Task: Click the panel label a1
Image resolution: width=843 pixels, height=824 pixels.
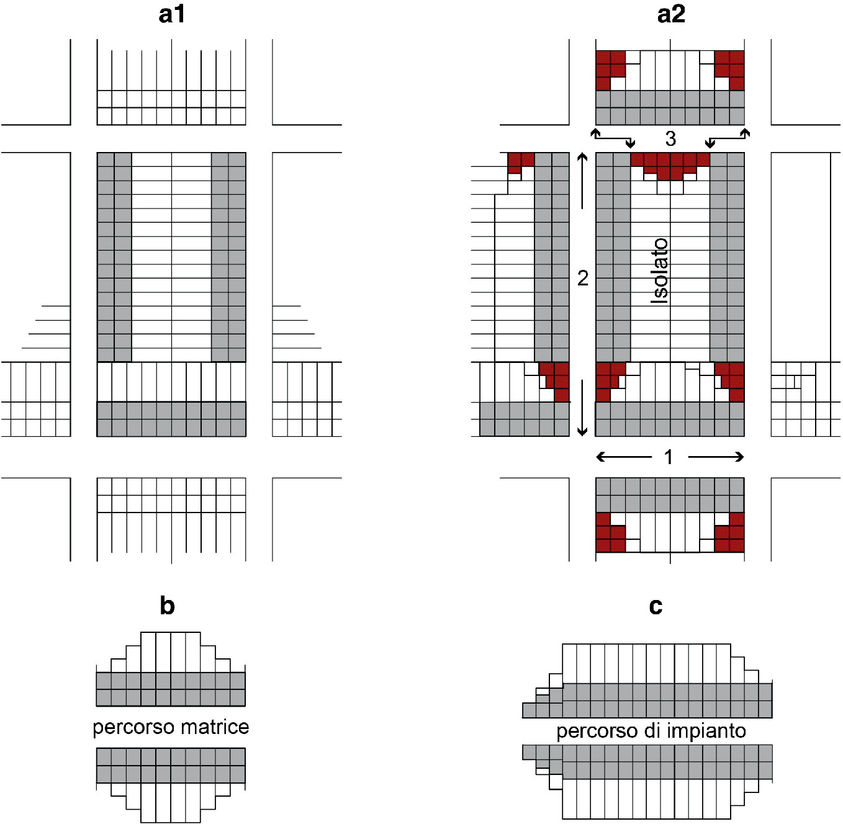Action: pyautogui.click(x=171, y=14)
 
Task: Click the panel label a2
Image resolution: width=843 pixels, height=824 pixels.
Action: pyautogui.click(x=670, y=14)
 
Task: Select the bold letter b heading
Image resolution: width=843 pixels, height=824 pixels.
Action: pyautogui.click(x=167, y=606)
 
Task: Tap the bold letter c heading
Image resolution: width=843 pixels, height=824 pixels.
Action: pyautogui.click(x=656, y=606)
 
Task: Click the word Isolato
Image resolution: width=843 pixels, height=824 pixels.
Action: pyautogui.click(x=659, y=271)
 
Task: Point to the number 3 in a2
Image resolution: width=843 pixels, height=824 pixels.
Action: pyautogui.click(x=670, y=138)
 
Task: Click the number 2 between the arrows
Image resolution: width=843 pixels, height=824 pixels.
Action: pyautogui.click(x=582, y=278)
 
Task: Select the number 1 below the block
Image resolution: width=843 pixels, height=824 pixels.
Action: pyautogui.click(x=669, y=457)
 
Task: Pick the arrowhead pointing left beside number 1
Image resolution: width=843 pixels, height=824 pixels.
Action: pyautogui.click(x=600, y=457)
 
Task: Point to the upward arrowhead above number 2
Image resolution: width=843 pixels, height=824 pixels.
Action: pyautogui.click(x=582, y=157)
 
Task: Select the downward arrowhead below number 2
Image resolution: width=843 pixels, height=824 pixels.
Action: pyautogui.click(x=582, y=431)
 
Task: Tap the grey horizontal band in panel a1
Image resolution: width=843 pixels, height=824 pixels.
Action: pyautogui.click(x=171, y=419)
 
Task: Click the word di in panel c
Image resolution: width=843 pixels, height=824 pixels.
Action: pyautogui.click(x=651, y=731)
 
